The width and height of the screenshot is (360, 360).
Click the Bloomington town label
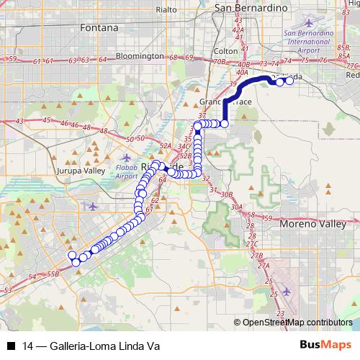click(139, 55)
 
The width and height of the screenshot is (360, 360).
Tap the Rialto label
click(166, 10)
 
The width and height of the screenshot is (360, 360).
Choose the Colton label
click(225, 51)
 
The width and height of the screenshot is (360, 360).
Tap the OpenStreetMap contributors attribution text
click(297, 322)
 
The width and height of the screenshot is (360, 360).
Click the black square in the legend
click(11, 346)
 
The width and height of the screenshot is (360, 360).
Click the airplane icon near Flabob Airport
click(127, 158)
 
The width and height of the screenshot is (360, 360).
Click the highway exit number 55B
click(53, 274)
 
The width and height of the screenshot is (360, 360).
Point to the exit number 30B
click(226, 194)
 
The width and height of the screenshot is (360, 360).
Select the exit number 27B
click(256, 256)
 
